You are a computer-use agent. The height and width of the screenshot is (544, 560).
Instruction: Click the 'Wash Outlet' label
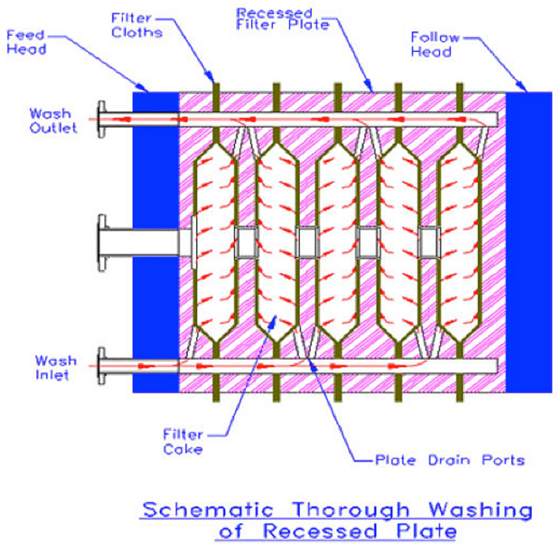(54, 120)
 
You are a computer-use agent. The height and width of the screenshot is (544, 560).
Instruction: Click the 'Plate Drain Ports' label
(450, 460)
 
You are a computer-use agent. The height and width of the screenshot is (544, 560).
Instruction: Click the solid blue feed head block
(154, 241)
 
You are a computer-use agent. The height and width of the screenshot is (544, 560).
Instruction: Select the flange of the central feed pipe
(102, 241)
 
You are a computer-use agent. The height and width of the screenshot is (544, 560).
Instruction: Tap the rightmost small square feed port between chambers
(429, 241)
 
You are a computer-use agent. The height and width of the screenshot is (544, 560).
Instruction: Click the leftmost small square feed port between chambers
(246, 241)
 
